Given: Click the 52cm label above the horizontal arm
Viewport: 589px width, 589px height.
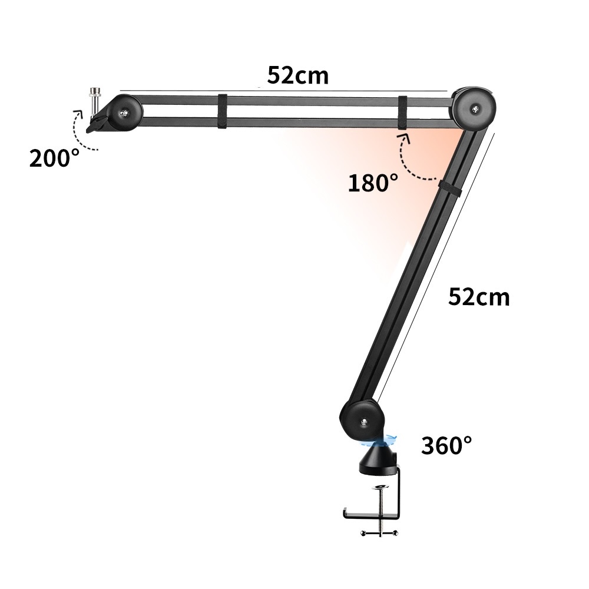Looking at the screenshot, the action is point(298,75).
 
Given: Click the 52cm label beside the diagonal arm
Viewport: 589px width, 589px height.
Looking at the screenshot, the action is point(479,297).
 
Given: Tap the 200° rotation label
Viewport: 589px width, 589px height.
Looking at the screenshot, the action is point(54,158).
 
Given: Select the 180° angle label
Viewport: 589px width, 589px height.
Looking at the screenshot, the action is point(373,183).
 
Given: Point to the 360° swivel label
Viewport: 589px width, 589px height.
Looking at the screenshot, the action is point(446,445).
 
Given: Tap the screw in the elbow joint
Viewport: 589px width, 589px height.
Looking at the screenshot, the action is point(476,110).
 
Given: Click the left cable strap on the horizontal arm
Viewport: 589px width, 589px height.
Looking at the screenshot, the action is point(223,111).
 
